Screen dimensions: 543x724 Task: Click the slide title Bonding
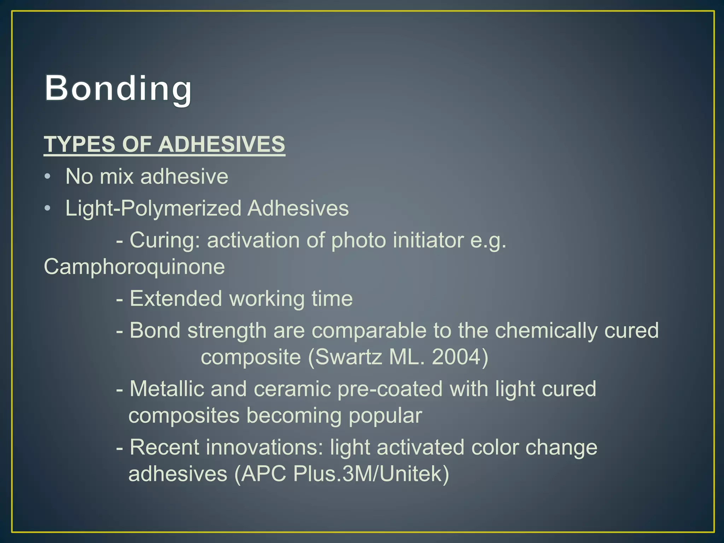point(118,88)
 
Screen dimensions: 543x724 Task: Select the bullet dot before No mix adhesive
point(48,176)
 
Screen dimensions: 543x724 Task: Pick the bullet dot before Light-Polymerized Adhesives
point(48,208)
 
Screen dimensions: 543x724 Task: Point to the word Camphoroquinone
point(134,267)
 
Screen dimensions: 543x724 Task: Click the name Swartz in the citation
point(348,357)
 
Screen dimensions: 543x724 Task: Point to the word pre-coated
point(390,389)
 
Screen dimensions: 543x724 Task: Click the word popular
point(385,415)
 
